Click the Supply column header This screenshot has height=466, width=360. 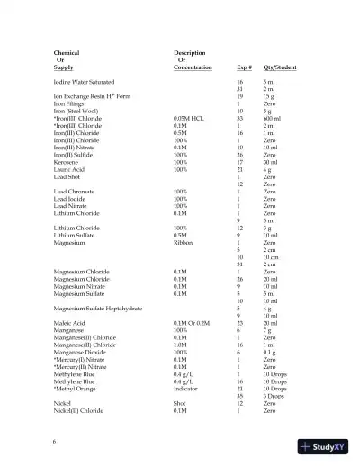(x=63, y=67)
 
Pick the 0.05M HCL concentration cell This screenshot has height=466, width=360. (x=190, y=118)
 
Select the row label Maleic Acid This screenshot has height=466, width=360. (x=69, y=323)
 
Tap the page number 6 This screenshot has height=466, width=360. (x=55, y=441)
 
